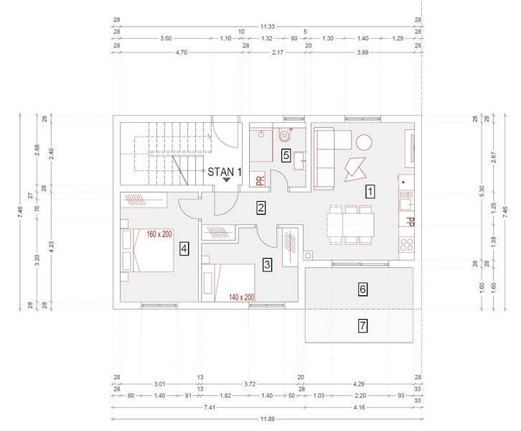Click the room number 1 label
tap(370, 192)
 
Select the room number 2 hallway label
tap(260, 208)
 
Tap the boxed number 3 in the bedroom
tap(267, 265)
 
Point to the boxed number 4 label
tap(184, 249)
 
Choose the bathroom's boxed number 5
tap(286, 155)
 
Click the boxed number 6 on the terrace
tap(362, 289)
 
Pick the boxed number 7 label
tap(362, 325)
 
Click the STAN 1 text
tap(225, 172)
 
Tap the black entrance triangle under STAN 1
tap(227, 180)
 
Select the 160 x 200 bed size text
tap(159, 234)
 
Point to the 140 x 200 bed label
tap(242, 297)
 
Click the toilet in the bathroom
tap(284, 134)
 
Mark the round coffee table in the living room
tap(364, 142)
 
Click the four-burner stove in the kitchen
tap(407, 244)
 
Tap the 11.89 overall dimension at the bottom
tap(268, 419)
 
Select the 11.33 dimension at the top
tap(268, 27)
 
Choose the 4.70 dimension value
tap(182, 52)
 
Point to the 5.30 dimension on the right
tap(482, 191)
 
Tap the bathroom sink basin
tap(300, 161)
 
